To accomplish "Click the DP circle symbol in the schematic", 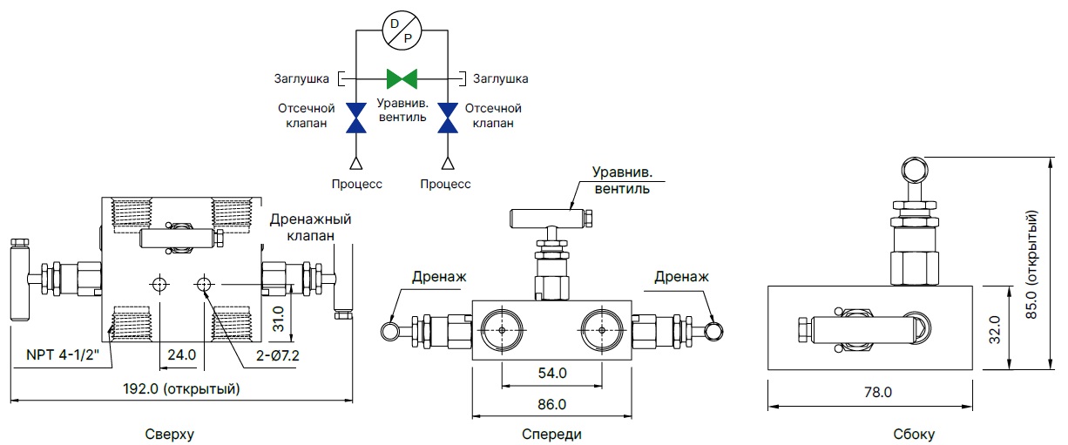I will tap(402, 31).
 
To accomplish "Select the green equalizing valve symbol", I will tap(402, 79).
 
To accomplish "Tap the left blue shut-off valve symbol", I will tap(356, 118).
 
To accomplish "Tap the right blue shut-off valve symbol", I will tap(448, 118).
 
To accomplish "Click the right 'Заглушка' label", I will tap(500, 79).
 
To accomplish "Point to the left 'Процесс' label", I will tap(356, 184).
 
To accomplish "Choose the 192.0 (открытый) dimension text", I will tap(182, 388).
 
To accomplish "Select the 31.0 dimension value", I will tap(279, 318).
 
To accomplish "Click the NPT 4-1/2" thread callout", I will tap(66, 355).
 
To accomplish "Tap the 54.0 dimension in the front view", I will tap(551, 373).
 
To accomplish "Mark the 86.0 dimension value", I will tap(551, 404).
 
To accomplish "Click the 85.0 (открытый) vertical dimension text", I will tap(1033, 263).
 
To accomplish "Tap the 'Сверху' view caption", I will tap(170, 433).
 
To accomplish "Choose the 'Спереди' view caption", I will tap(551, 433).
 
